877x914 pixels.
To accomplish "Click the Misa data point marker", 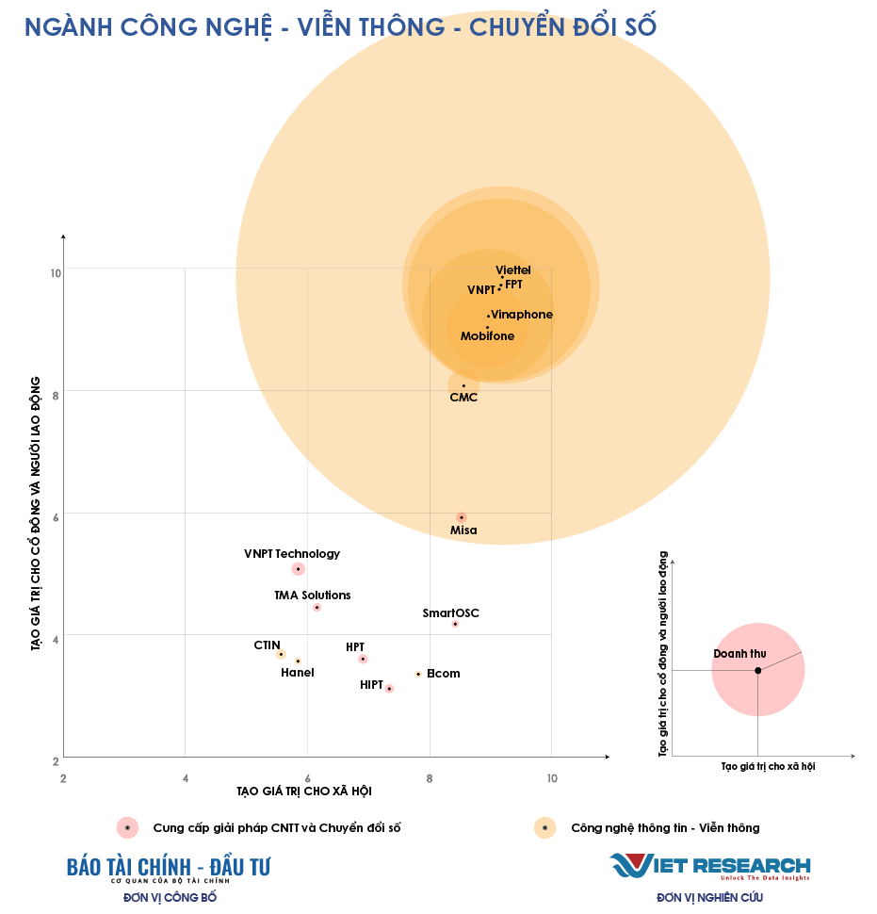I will point(461,517).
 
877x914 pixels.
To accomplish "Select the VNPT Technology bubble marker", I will point(298,569).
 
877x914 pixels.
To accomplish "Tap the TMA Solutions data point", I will point(317,608).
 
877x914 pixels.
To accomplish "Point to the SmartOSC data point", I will point(455,624).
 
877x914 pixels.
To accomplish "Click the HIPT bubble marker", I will point(389,689).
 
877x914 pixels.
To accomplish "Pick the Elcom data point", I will point(418,674).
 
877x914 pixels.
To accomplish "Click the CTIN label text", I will point(267,645).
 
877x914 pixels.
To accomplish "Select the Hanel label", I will point(297,673).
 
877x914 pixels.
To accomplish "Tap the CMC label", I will point(463,398).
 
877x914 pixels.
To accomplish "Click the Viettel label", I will point(513,271).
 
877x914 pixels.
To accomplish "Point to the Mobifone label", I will point(487,336).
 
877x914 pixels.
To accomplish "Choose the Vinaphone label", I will point(522,315).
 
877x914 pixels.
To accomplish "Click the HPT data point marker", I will point(363,659).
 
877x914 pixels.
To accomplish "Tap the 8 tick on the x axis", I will point(430,778).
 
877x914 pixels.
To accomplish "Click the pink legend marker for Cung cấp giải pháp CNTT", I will point(127,827).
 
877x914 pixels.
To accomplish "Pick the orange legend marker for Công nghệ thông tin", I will point(544,827).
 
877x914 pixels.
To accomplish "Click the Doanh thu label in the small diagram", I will point(739,654).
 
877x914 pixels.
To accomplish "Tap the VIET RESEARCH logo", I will point(709,866).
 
